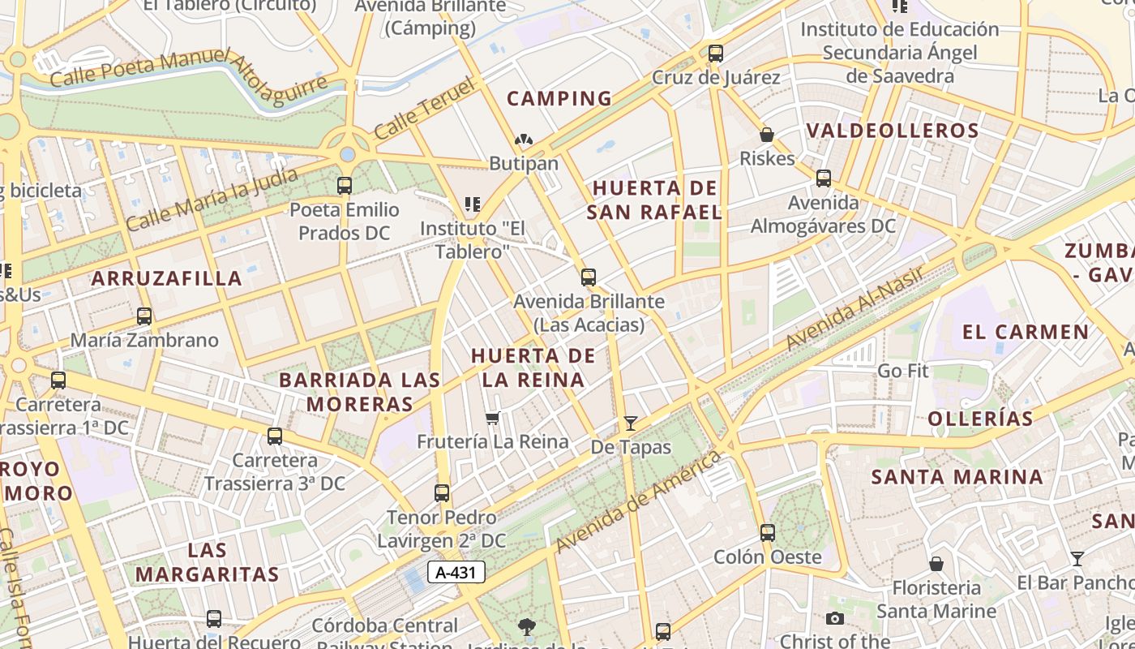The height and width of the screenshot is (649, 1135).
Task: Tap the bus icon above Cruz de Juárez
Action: (x=715, y=54)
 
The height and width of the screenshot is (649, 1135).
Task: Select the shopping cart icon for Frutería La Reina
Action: (x=492, y=419)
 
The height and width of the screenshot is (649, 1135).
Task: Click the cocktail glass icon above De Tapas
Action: (x=630, y=423)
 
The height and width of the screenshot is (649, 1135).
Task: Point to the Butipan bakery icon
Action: (x=524, y=140)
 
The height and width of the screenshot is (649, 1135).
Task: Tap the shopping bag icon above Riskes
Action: (x=766, y=135)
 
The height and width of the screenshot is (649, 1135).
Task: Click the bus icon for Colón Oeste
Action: (x=767, y=533)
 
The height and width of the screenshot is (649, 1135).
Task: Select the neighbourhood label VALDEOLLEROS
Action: (x=893, y=131)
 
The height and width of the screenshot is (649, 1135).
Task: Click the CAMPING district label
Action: (x=559, y=99)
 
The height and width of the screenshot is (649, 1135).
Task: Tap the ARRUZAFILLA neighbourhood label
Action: (x=166, y=278)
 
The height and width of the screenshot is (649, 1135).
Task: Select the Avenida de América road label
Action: (x=639, y=501)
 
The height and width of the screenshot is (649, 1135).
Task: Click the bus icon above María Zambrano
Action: (x=144, y=316)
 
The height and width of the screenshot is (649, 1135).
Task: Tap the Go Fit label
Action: (x=903, y=371)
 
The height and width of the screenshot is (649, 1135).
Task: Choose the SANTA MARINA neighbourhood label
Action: (x=957, y=476)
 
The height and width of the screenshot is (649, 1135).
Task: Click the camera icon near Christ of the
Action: (x=834, y=619)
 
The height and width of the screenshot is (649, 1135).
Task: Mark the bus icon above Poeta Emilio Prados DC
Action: (x=345, y=186)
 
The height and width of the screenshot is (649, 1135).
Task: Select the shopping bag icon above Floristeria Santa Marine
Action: (x=936, y=563)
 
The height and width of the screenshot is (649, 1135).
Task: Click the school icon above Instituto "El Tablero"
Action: (x=472, y=204)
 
